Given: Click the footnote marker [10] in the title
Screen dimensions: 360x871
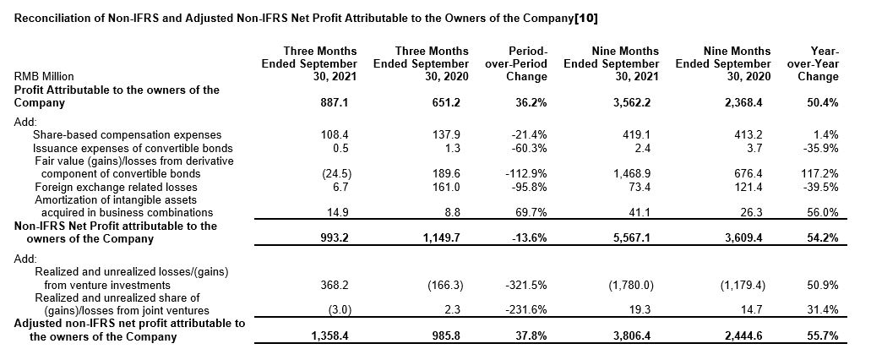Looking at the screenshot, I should coord(588,18).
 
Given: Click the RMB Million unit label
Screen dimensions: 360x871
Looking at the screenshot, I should coord(43,76).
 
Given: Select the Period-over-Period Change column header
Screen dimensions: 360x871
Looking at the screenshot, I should coord(516,63).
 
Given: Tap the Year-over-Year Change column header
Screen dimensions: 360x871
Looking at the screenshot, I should coord(818,63).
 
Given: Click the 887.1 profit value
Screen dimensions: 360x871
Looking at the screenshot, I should coord(340,102).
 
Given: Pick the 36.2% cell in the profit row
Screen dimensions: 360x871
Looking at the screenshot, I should coord(531,102).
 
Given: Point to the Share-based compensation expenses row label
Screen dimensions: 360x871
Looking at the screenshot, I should coord(115,134).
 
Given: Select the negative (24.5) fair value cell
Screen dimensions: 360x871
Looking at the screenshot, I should coord(339,173).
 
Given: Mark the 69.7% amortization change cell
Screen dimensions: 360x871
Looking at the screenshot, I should coord(531,212).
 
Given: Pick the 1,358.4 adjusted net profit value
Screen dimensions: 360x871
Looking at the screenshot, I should coord(335,337).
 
